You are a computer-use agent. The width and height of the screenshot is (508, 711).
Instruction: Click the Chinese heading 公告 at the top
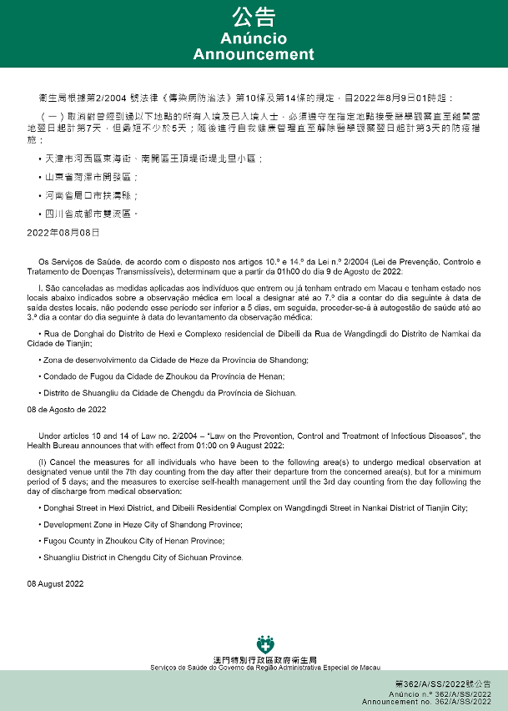[x=254, y=18]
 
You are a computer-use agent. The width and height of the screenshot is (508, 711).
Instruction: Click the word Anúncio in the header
[x=254, y=38]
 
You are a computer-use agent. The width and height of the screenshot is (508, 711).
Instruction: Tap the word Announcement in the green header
[x=254, y=54]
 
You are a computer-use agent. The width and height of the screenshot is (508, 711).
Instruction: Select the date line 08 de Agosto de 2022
[x=67, y=409]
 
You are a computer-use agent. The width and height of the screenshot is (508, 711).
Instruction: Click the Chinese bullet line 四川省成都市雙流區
[x=91, y=214]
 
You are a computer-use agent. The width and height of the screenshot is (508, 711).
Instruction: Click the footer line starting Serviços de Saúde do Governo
[x=265, y=668]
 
